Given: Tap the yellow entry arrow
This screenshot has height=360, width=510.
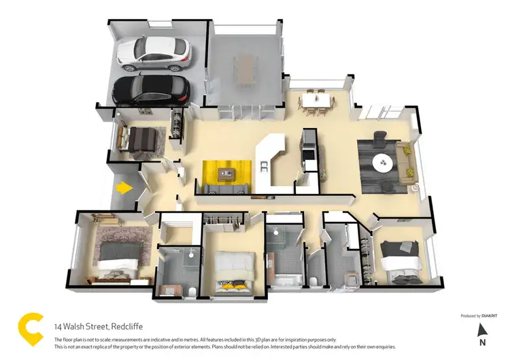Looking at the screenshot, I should [x=124, y=186].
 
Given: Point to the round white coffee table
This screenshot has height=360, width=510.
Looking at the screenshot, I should [x=384, y=163].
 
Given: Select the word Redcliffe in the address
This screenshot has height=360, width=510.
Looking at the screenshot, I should [x=123, y=327].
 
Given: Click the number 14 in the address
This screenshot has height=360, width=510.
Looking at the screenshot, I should [x=59, y=327].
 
